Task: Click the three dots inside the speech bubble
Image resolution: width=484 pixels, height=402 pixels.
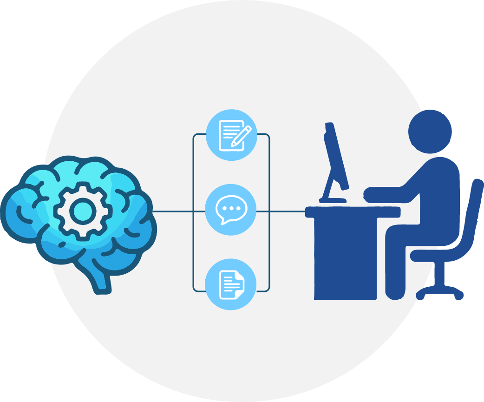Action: click(231, 208)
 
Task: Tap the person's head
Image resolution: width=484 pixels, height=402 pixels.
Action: click(430, 131)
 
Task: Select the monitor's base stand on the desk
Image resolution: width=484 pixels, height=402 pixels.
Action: click(333, 200)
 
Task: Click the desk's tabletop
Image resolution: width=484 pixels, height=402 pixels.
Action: click(353, 211)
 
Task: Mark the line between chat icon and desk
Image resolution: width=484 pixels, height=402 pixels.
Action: click(281, 211)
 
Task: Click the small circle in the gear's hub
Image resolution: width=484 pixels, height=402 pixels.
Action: click(81, 211)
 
